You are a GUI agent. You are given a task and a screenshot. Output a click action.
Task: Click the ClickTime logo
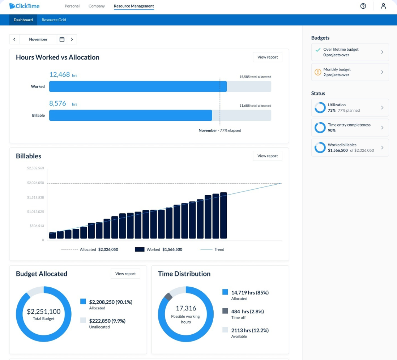[x=24, y=6]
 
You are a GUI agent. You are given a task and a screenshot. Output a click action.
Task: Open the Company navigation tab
[x=97, y=6]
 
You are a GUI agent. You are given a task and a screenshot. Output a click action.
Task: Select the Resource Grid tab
[x=54, y=20]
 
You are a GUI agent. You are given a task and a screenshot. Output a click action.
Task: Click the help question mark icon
[x=363, y=6]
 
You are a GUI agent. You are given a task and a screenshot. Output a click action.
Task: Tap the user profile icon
[x=383, y=6]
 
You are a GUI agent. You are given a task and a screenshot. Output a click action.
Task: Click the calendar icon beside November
[x=62, y=39]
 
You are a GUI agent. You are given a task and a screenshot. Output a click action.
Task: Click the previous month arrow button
[x=14, y=39]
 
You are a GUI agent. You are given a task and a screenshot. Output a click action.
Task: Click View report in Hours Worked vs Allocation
[x=267, y=57]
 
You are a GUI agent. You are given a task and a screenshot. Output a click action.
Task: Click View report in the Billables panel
[x=267, y=156]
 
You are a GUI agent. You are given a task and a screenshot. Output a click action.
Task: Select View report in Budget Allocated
[x=125, y=274]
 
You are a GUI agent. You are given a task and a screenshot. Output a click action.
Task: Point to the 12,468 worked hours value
[x=59, y=74]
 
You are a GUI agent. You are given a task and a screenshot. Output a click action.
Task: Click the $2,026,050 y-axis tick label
[x=35, y=183]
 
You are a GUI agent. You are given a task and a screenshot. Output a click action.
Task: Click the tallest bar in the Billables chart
[x=223, y=215]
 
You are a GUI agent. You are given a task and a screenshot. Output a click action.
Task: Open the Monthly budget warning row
[x=350, y=72]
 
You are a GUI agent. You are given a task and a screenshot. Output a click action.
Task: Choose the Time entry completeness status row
[x=350, y=128]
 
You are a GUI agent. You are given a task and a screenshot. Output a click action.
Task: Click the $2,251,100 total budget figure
[x=44, y=312]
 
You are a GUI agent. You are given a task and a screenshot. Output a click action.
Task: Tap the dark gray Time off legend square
[x=225, y=311]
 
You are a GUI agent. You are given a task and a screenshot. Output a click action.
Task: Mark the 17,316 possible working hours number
[x=186, y=308]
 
